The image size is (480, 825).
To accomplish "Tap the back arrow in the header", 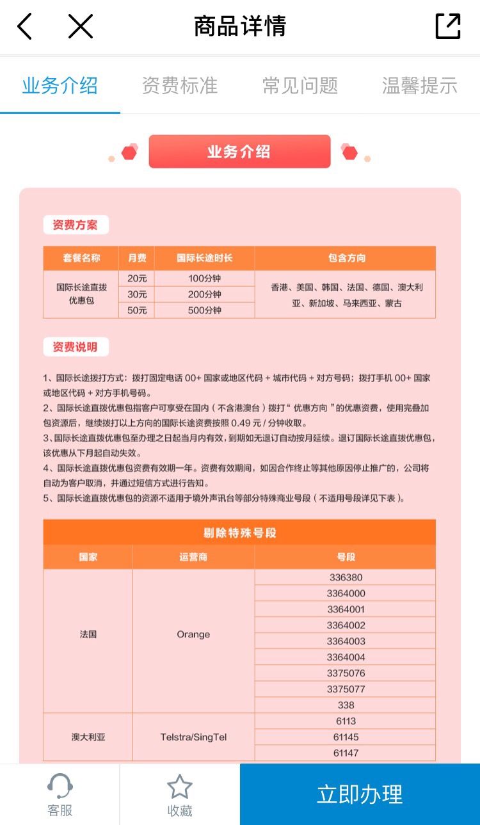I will [24, 27].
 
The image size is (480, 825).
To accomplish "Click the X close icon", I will [81, 27].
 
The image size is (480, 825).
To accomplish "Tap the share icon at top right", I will [447, 27].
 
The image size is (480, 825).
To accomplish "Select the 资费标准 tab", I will [180, 86].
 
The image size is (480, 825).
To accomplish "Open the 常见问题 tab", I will [300, 86].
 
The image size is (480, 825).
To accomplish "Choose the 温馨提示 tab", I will [420, 86].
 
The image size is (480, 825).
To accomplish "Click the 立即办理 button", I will [360, 794].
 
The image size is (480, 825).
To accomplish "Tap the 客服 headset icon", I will [60, 787].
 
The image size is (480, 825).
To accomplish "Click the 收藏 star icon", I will [179, 787].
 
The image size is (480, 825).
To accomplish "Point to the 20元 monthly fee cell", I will [137, 278].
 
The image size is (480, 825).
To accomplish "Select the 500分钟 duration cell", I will [205, 310].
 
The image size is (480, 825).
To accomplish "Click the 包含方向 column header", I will [346, 259].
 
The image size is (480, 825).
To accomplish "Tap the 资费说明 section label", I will [76, 347].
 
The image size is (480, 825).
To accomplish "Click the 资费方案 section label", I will [76, 225].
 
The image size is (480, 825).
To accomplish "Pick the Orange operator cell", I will [193, 634].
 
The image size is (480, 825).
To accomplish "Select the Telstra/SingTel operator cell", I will [193, 737].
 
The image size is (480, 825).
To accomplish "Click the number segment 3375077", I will [346, 689].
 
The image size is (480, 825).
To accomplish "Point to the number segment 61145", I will [346, 737].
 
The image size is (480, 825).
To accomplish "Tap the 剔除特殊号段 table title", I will [239, 533].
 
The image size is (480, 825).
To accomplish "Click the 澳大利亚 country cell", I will [88, 737].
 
